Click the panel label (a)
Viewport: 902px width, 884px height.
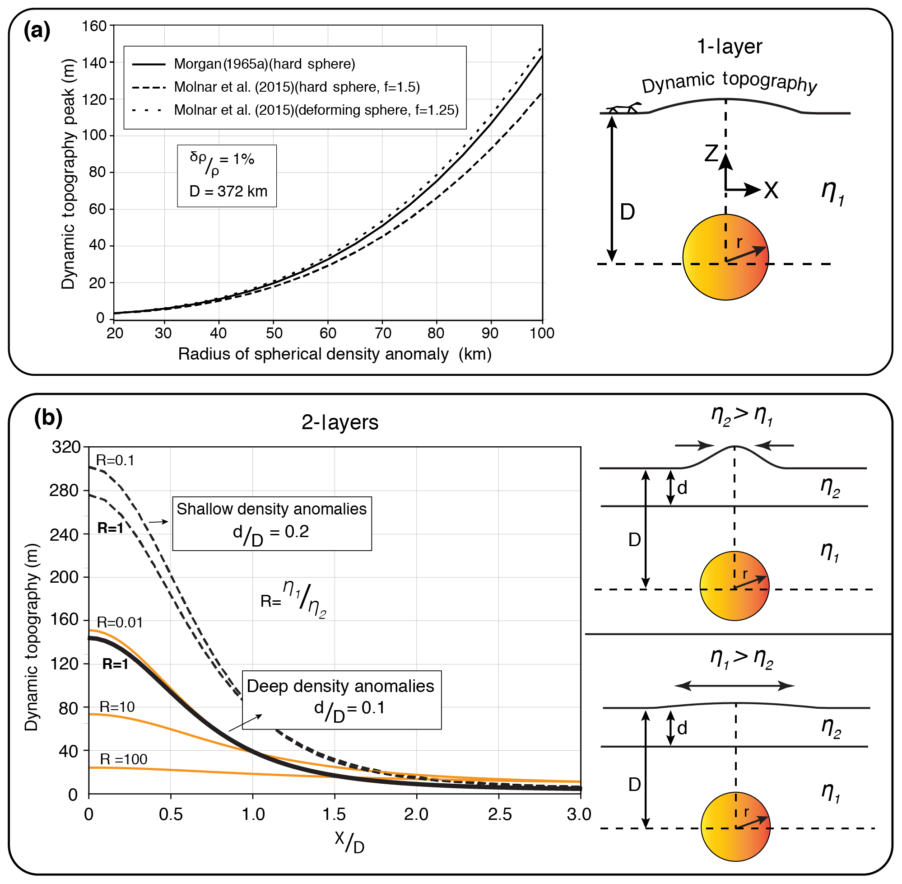[37, 31]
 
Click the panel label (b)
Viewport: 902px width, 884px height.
[48, 418]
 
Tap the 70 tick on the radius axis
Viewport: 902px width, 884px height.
[383, 333]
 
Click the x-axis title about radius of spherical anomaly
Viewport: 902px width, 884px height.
[335, 354]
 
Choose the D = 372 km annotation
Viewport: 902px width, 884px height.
[228, 191]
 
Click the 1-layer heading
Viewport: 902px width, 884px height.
[730, 47]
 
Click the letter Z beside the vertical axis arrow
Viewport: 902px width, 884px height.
[711, 154]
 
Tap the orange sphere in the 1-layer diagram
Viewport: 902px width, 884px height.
[725, 257]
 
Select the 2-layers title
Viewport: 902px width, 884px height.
[339, 422]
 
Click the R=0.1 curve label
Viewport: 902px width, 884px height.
[115, 461]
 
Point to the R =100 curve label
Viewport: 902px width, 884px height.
[123, 759]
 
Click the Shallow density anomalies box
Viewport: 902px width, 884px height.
[271, 523]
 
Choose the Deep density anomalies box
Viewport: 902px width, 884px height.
[341, 700]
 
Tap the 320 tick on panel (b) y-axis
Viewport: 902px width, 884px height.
[66, 447]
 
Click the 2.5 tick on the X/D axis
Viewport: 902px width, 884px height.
[499, 814]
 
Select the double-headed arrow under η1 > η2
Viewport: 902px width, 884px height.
[734, 686]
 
